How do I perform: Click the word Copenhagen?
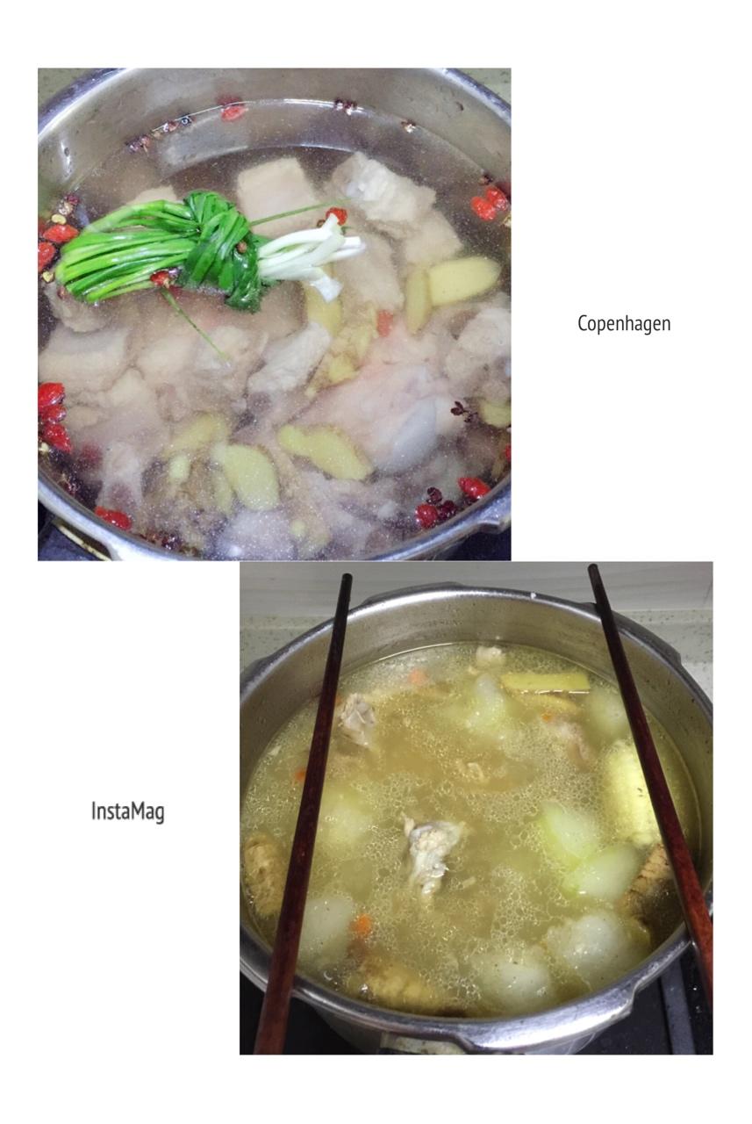point(624,324)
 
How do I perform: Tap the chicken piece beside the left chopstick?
point(357,717)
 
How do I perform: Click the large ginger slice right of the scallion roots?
point(463,280)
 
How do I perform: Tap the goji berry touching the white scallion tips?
point(337,215)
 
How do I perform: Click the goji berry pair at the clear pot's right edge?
point(488,204)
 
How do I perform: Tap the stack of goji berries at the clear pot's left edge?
point(53,417)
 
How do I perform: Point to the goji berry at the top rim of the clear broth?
point(233,112)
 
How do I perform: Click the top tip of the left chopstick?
point(346,576)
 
